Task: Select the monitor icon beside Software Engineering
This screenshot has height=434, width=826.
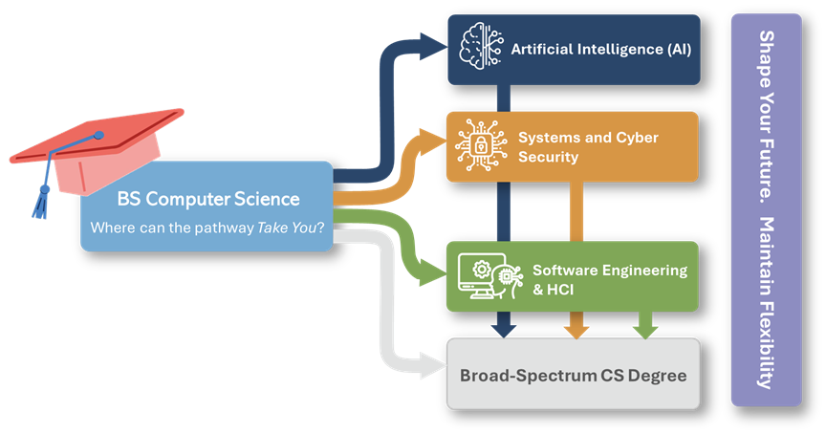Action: click(x=479, y=275)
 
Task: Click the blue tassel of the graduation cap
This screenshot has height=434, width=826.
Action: click(x=41, y=201)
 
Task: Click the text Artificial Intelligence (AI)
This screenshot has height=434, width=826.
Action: click(x=600, y=48)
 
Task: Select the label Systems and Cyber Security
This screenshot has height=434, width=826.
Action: click(x=588, y=146)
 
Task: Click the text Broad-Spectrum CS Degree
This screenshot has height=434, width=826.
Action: click(x=573, y=375)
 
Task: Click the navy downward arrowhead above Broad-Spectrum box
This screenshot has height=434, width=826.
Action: click(x=504, y=329)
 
